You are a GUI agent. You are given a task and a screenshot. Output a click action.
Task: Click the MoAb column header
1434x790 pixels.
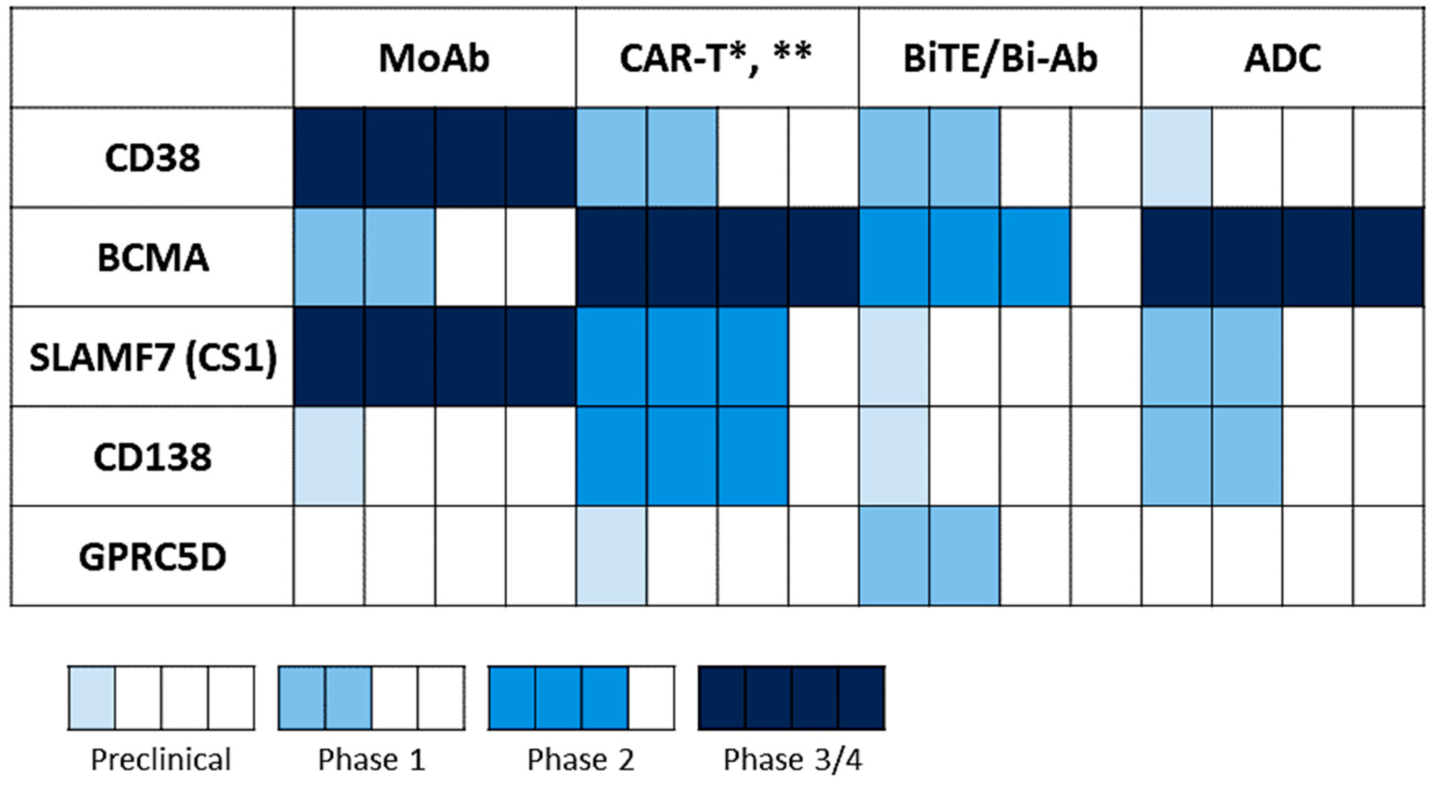click(434, 58)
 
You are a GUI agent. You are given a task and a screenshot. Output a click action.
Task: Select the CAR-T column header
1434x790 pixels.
click(716, 58)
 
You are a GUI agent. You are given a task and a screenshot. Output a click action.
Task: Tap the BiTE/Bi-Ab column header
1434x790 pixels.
click(1000, 58)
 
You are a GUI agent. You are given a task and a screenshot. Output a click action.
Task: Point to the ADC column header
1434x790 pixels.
click(1282, 58)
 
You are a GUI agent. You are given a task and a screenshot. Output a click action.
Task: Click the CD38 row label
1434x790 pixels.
click(152, 158)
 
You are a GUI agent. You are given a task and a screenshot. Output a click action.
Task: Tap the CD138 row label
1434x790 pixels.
click(153, 457)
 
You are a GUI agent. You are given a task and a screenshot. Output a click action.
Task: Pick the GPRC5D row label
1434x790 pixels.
click(153, 557)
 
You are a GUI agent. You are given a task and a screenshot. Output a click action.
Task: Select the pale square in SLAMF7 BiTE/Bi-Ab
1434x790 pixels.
click(894, 356)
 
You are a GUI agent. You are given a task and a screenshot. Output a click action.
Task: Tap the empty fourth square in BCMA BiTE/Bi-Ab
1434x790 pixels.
click(1106, 257)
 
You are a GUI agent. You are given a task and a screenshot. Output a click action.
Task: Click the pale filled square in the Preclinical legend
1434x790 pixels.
click(92, 698)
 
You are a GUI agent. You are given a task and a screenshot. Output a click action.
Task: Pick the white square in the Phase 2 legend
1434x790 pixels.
click(651, 698)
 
